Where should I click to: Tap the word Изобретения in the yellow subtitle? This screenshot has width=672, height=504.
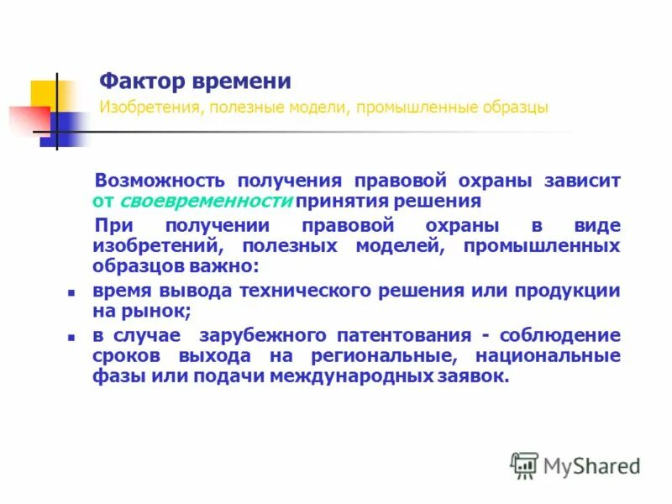click(141, 108)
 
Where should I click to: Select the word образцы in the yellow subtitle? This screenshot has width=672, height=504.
click(515, 108)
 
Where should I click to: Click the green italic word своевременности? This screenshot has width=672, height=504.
click(206, 202)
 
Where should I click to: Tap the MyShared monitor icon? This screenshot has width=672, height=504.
click(525, 465)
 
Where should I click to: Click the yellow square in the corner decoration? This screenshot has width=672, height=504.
click(44, 92)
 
